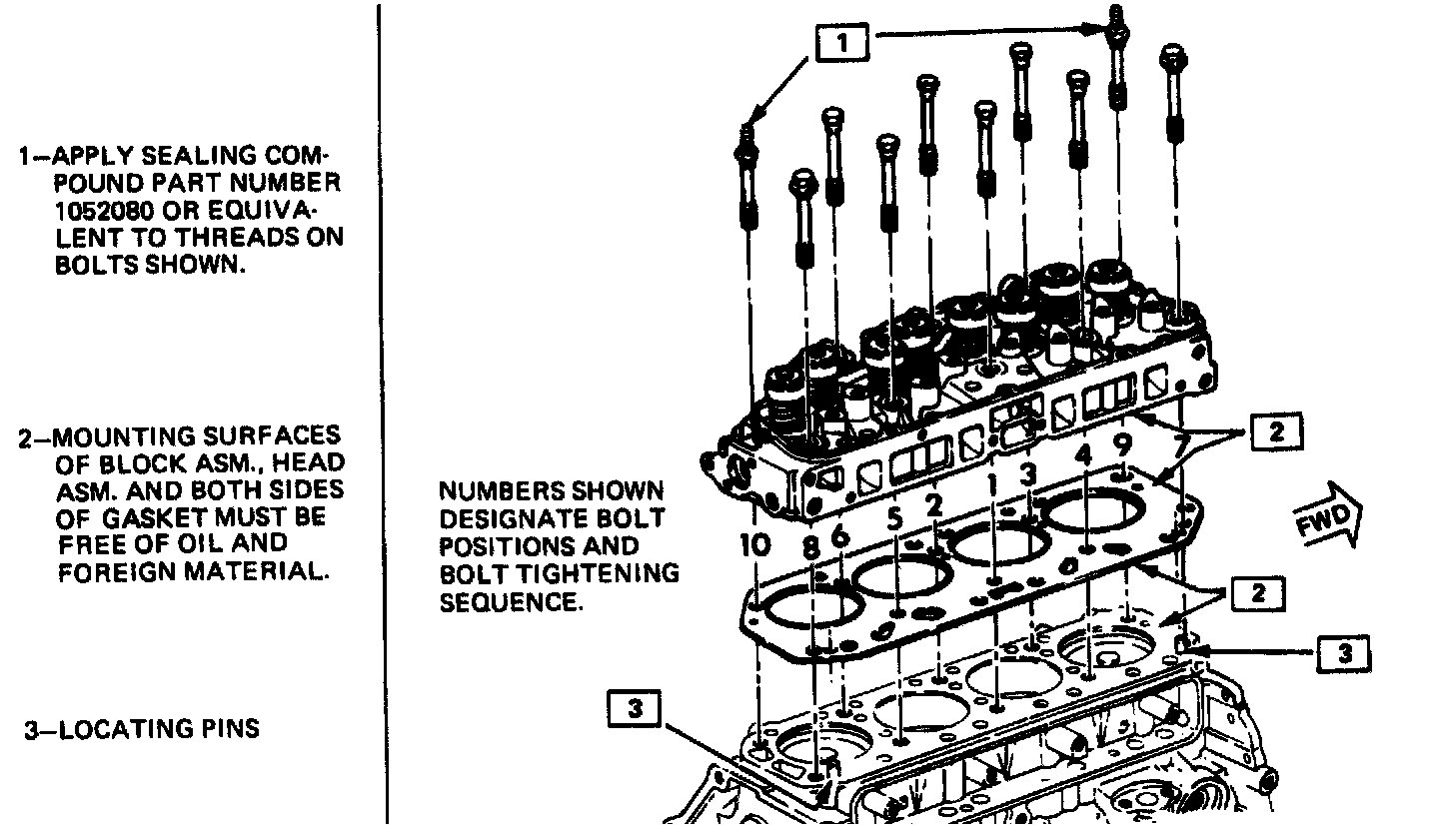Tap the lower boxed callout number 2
1257,593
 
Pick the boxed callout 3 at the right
1345,653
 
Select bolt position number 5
894,518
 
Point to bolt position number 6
839,536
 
